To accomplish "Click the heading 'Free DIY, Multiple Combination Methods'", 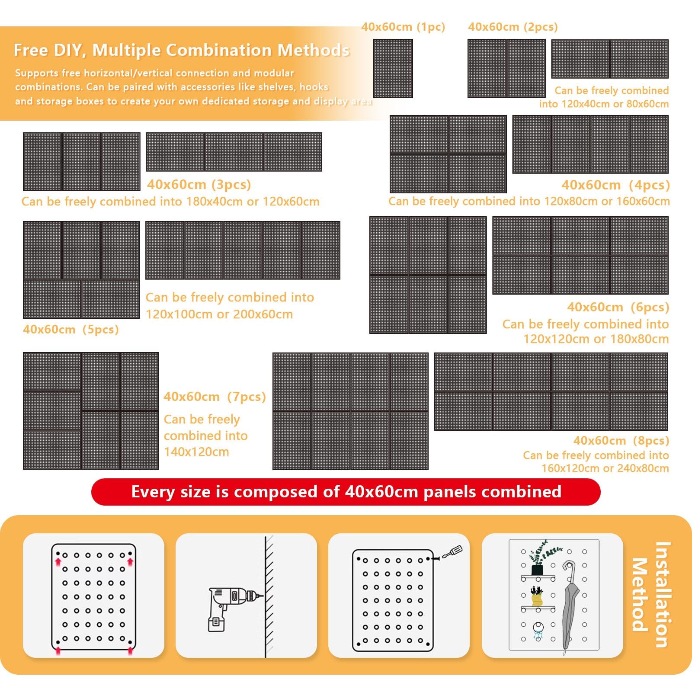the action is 182,50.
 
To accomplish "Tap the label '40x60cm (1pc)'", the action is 403,27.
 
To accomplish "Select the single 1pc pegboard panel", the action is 393,68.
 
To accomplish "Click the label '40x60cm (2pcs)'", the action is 513,27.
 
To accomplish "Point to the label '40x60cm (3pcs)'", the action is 199,185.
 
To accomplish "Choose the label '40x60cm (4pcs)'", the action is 616,185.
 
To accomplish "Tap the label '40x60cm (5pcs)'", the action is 71,330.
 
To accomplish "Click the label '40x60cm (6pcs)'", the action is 618,307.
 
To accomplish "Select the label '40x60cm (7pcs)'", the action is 215,397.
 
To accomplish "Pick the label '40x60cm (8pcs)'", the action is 621,441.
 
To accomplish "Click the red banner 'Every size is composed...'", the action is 346,492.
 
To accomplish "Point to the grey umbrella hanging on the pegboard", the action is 570,605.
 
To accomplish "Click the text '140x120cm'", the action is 196,452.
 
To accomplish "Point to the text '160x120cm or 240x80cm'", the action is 605,468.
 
